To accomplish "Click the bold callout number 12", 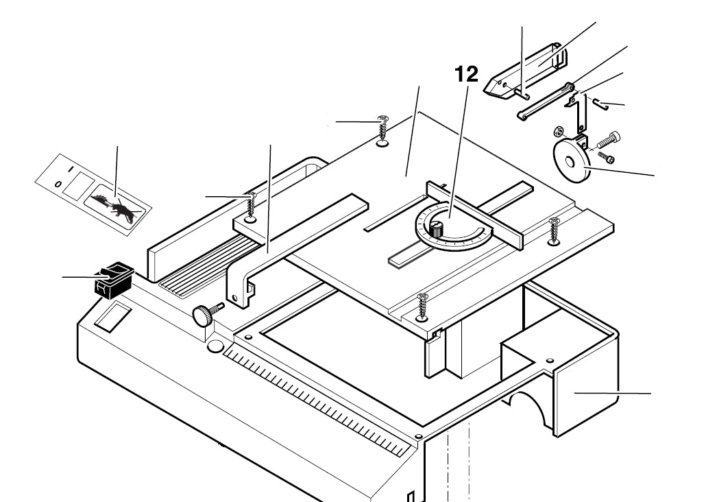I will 466,74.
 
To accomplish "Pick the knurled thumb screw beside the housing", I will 204,315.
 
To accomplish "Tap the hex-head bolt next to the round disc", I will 608,142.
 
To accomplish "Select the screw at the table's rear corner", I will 382,131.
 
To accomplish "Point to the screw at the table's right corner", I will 555,231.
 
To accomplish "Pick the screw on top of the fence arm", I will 251,208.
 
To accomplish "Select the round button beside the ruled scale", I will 215,347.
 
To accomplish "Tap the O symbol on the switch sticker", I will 58,184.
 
